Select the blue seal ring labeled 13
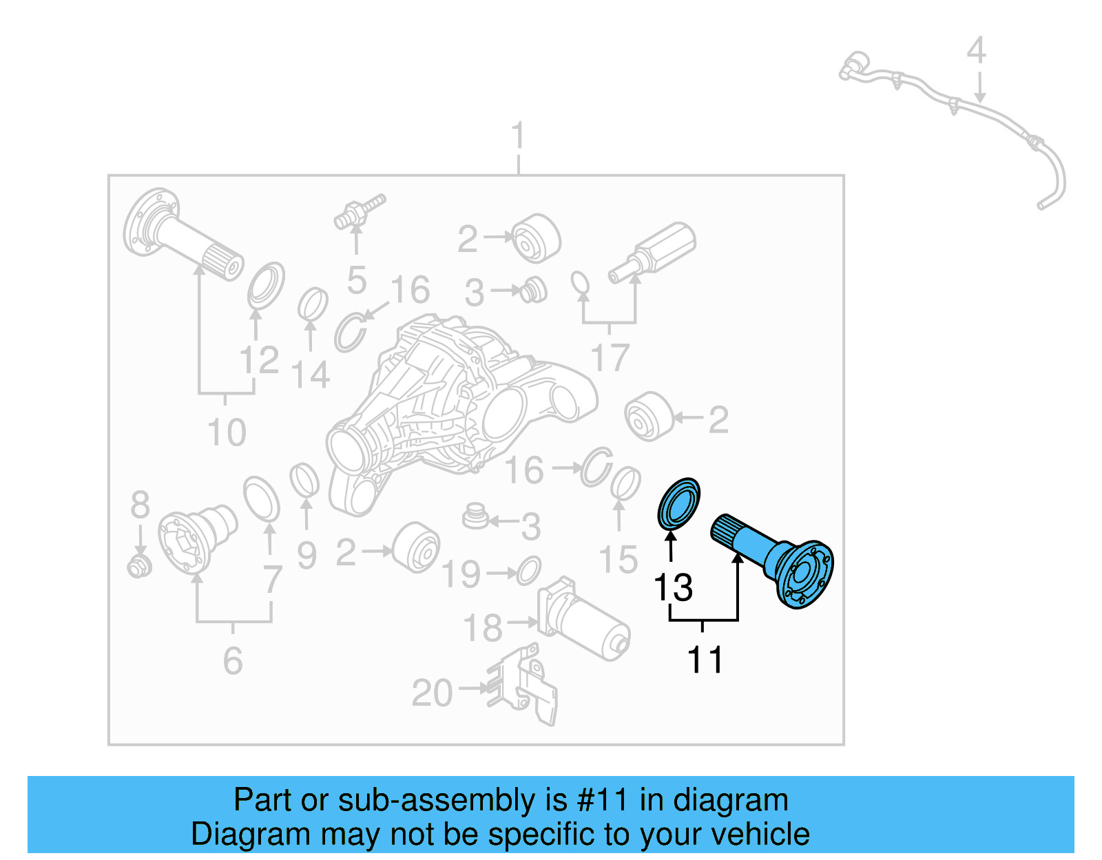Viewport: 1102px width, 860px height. coord(678,505)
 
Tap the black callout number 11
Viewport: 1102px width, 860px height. coord(705,660)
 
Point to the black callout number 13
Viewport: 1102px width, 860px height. coord(673,588)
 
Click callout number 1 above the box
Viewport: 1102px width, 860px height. coord(518,136)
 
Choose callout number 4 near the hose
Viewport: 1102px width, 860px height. coord(976,51)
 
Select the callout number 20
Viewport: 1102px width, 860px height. coord(432,693)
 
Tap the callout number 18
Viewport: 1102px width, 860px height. coord(483,628)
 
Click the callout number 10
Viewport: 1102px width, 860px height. coord(227,433)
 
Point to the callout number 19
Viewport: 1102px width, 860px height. coord(461,574)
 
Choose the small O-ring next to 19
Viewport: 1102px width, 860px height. coord(528,571)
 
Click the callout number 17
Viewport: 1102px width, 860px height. coord(610,358)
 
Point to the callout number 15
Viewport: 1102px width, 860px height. coord(618,559)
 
